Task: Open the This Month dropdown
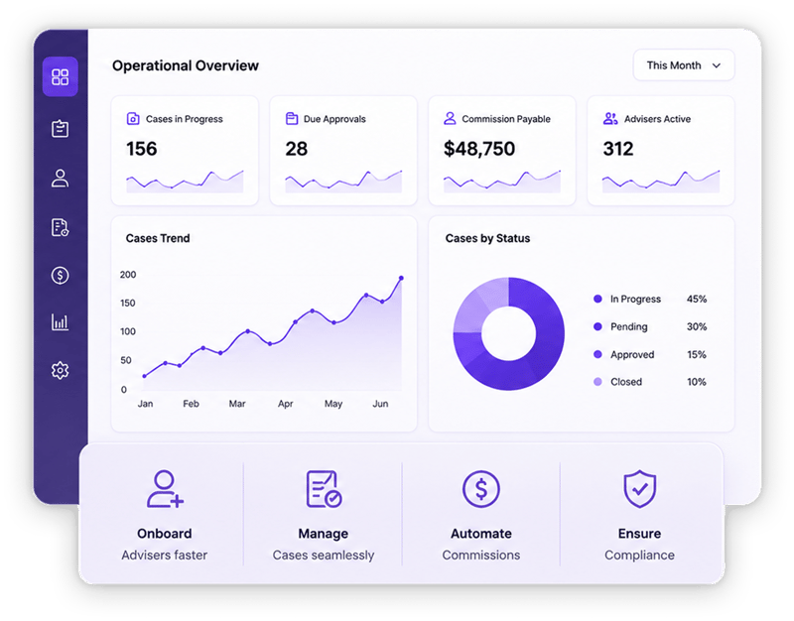pyautogui.click(x=683, y=65)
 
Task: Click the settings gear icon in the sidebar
pyautogui.click(x=61, y=370)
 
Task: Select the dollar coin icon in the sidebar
pyautogui.click(x=61, y=276)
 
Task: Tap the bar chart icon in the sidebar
pyautogui.click(x=61, y=322)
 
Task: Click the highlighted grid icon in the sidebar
pyautogui.click(x=61, y=77)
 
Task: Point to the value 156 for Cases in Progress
pyautogui.click(x=142, y=149)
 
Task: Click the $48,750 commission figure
pyautogui.click(x=479, y=149)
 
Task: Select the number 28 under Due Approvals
pyautogui.click(x=296, y=149)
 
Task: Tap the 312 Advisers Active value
pyautogui.click(x=617, y=149)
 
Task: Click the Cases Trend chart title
pyautogui.click(x=158, y=238)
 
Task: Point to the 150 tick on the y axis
pyautogui.click(x=128, y=304)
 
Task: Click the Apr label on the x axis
pyautogui.click(x=285, y=404)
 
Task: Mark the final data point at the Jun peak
pyautogui.click(x=401, y=279)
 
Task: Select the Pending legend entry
pyautogui.click(x=629, y=327)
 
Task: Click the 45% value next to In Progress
pyautogui.click(x=697, y=300)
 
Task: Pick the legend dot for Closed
pyautogui.click(x=598, y=382)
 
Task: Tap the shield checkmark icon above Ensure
pyautogui.click(x=639, y=489)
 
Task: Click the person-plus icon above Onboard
pyautogui.click(x=165, y=489)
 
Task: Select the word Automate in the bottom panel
pyautogui.click(x=481, y=534)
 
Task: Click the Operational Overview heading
pyautogui.click(x=186, y=65)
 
